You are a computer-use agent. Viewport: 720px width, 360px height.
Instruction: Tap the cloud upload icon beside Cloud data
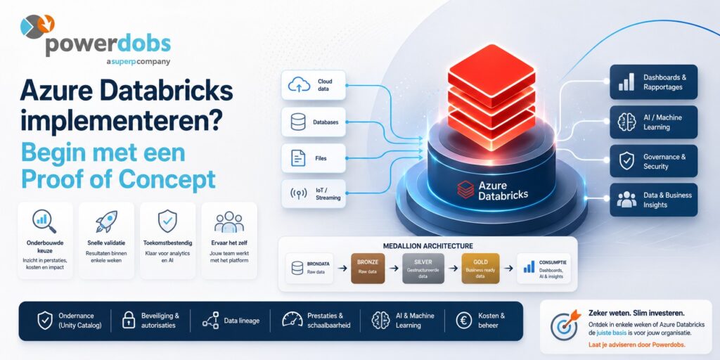point(300,84)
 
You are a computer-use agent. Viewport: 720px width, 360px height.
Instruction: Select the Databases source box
point(314,122)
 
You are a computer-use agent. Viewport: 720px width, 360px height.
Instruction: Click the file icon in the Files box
point(298,158)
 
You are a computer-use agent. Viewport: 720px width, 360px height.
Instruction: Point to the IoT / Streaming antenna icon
point(298,194)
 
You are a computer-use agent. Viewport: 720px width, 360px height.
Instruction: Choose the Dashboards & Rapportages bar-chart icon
point(626,82)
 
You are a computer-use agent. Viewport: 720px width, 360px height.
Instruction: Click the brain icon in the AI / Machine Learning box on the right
point(626,122)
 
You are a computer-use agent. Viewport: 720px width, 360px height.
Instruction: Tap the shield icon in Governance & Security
point(626,161)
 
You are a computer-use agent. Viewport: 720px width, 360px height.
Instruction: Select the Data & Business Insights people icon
point(626,200)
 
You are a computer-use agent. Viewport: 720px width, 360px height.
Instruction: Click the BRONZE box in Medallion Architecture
point(368,268)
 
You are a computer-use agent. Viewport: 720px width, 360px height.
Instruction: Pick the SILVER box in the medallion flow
point(423,268)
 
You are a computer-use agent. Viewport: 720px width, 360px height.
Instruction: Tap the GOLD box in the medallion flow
point(480,268)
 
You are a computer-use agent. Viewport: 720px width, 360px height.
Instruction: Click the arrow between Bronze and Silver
point(394,268)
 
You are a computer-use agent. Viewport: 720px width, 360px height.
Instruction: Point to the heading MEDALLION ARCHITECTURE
point(428,246)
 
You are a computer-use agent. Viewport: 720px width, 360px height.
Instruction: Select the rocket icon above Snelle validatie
point(107,221)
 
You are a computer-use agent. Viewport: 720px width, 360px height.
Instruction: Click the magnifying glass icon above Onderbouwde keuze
point(44,221)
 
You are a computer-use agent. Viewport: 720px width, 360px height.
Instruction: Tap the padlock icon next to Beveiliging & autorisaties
point(129,320)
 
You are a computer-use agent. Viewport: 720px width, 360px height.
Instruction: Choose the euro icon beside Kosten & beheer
point(464,320)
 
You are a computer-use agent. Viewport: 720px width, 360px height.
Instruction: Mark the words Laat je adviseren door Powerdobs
point(636,345)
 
